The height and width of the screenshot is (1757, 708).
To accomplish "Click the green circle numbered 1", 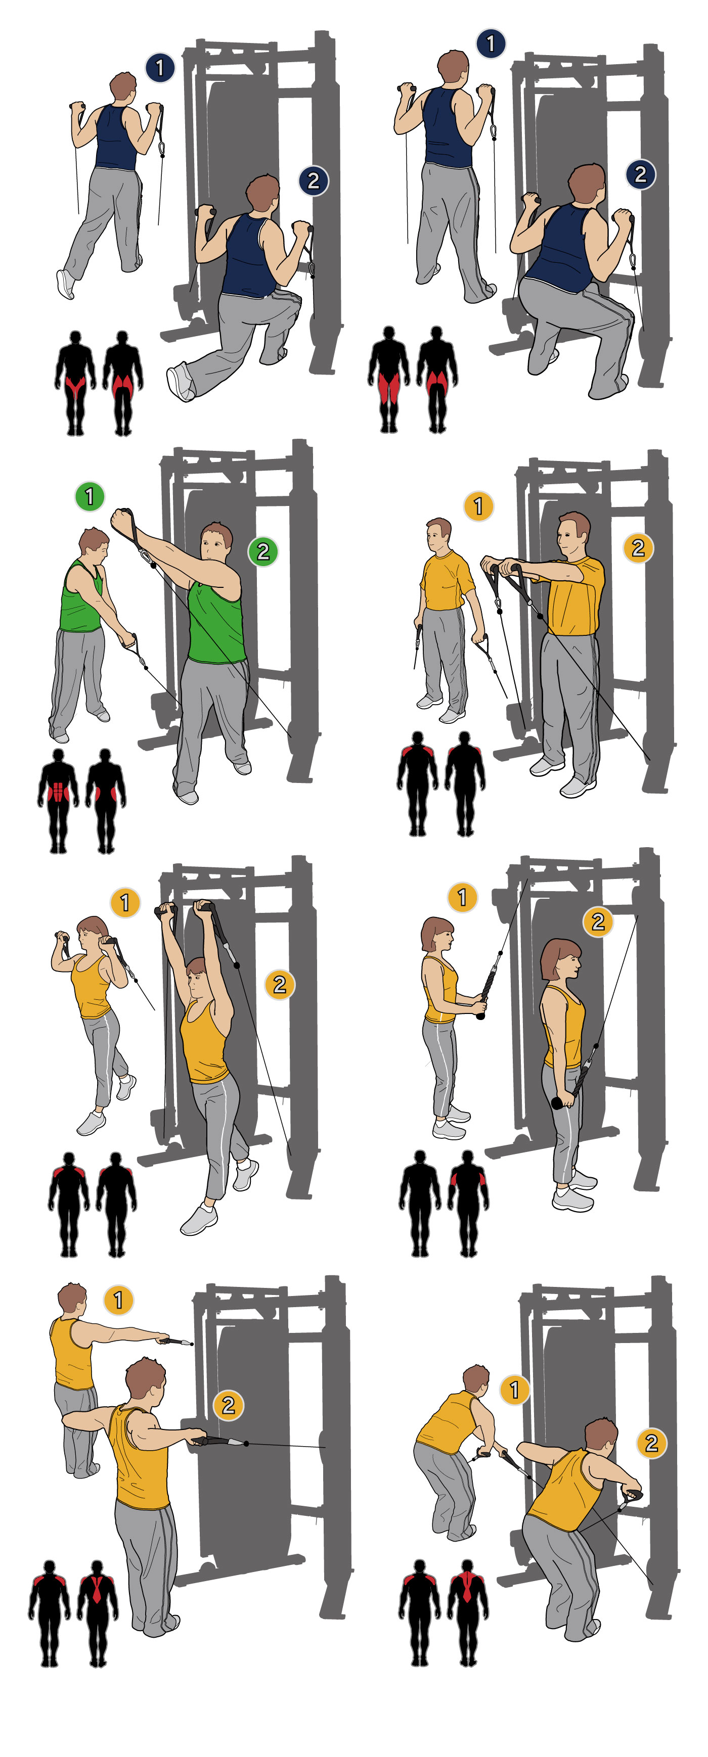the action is tap(90, 496).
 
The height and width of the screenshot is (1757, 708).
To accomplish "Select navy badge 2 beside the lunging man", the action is tap(314, 181).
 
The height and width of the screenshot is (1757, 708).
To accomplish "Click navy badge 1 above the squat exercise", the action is tap(491, 43).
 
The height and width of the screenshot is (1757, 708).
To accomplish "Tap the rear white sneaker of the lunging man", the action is tap(181, 382).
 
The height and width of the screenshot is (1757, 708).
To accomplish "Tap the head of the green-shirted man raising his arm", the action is tap(216, 543).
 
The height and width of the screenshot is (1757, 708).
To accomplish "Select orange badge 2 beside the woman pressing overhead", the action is tap(280, 984).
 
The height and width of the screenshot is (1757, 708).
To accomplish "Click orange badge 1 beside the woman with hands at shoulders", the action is tap(125, 902).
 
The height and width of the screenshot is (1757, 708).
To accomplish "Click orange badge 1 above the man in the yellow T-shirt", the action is tap(478, 506).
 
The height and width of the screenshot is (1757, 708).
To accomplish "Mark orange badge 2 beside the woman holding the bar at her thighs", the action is tap(598, 921).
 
